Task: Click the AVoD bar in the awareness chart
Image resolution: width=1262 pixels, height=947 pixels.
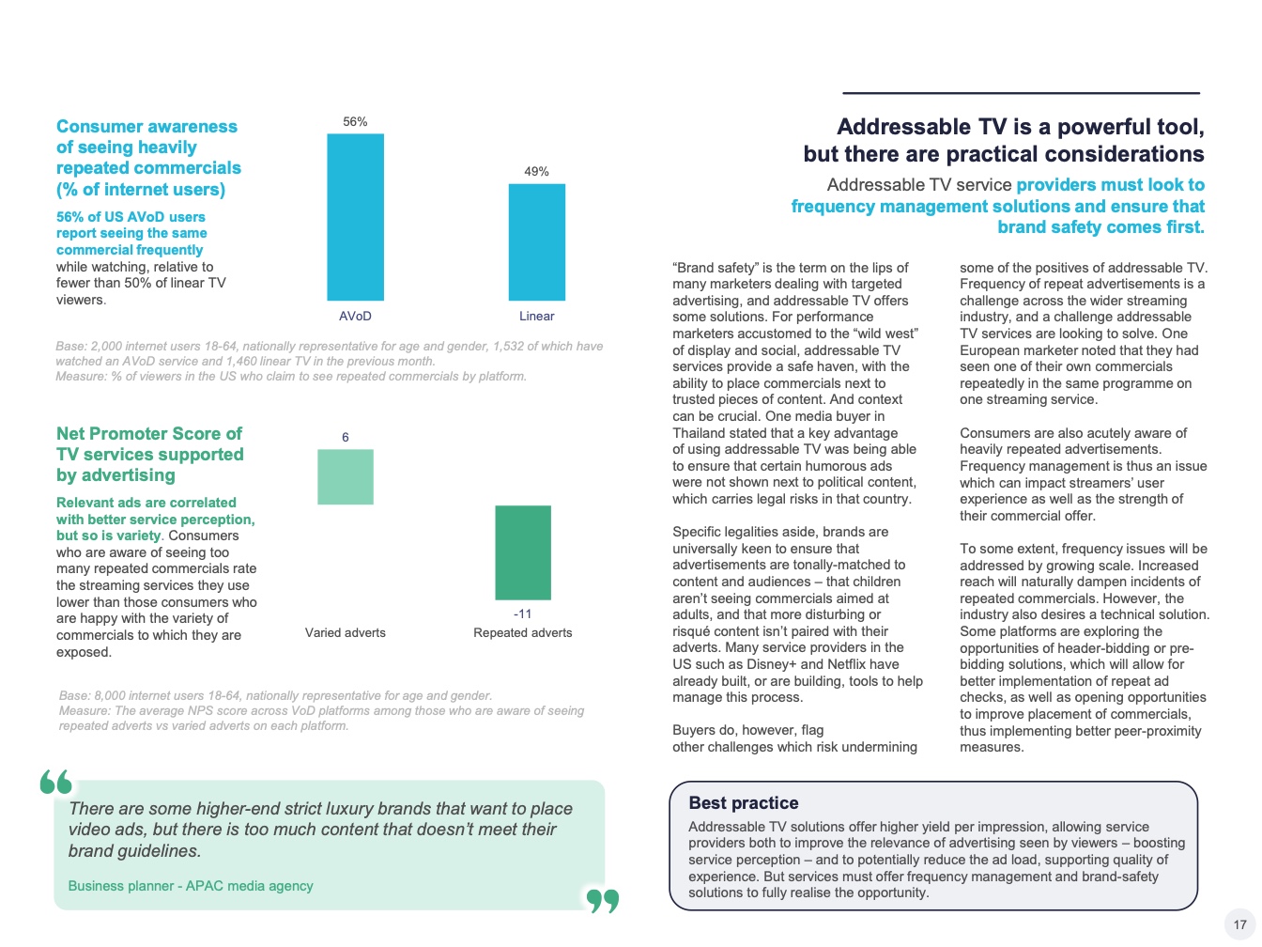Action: pos(355,217)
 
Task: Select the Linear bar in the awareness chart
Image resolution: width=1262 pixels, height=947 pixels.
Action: pos(536,242)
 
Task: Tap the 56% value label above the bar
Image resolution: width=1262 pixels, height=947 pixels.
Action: pos(355,122)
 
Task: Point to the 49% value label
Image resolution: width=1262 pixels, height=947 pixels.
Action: pos(536,172)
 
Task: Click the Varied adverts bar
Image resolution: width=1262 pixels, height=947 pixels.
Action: pos(346,476)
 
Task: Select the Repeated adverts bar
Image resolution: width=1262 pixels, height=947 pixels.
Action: pos(523,552)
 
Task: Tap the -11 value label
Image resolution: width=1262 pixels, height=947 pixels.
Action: pos(523,613)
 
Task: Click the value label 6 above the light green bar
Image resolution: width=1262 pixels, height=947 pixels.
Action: pos(346,437)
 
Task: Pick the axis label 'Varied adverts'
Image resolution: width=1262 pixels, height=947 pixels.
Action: pos(346,633)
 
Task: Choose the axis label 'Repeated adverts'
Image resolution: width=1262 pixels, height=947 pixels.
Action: pos(523,633)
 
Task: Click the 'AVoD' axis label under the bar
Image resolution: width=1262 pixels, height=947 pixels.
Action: pos(355,317)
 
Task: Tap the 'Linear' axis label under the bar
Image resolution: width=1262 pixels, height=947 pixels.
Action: pos(536,317)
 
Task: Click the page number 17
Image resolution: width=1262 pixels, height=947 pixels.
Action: pos(1239,924)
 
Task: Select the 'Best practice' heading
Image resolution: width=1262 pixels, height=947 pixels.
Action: pos(744,803)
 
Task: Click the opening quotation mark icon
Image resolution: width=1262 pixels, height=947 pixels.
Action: pos(56,782)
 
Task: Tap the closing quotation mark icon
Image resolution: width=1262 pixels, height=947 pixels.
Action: pos(603,901)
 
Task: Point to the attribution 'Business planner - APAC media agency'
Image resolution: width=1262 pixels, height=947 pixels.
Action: pos(191,886)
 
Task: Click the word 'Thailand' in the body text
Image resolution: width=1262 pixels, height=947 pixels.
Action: pos(700,433)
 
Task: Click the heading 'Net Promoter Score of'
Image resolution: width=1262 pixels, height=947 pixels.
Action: pos(149,434)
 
